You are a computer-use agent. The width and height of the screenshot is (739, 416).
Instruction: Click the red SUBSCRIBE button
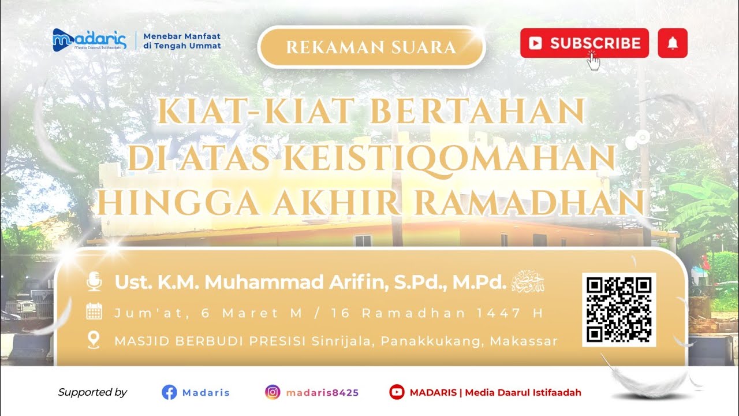click(584, 43)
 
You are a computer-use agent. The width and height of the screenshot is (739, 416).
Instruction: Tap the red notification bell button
click(672, 43)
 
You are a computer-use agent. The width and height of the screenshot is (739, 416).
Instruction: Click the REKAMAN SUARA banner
click(371, 47)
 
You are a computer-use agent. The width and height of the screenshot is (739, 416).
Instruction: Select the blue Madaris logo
click(89, 40)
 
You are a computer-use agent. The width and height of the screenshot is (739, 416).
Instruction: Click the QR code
click(619, 310)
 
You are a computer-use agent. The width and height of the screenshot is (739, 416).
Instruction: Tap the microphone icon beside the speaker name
click(94, 282)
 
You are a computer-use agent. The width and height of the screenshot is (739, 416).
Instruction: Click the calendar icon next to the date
click(94, 313)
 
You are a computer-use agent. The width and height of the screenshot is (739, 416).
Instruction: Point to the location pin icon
click(94, 340)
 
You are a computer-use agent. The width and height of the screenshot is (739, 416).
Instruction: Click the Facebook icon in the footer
click(169, 392)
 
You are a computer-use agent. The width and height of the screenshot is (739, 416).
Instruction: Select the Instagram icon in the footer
click(273, 392)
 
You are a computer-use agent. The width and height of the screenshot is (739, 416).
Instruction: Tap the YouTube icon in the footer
click(397, 392)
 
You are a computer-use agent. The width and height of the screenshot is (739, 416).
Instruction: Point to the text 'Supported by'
click(92, 392)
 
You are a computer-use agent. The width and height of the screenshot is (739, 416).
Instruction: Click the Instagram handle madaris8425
click(322, 393)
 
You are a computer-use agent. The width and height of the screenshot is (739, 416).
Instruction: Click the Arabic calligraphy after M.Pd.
click(529, 281)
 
